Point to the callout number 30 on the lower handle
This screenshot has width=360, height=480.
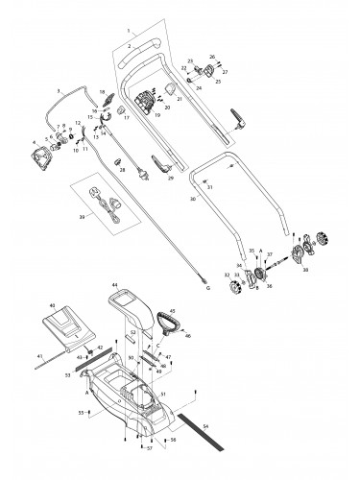[192, 199]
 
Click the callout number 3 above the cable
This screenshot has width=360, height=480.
[59, 89]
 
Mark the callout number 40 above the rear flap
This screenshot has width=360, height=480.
[52, 304]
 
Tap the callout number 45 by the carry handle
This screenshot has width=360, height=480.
[174, 310]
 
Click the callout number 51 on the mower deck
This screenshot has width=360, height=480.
[163, 392]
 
